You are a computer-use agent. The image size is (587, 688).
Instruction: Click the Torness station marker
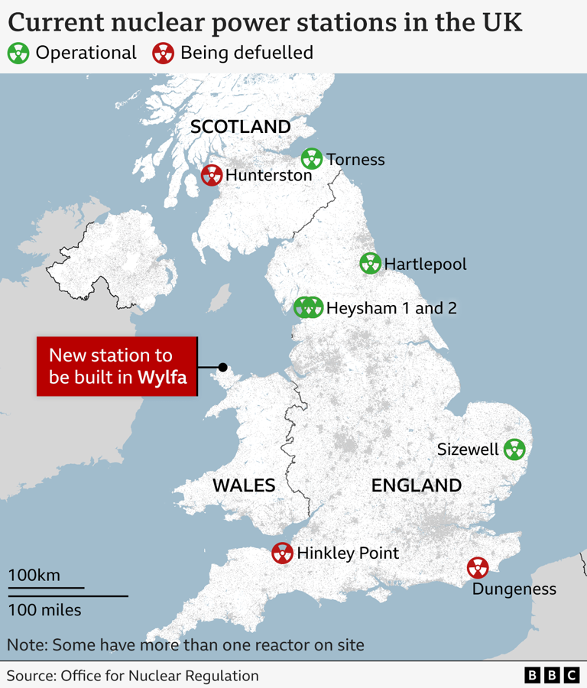point(312,159)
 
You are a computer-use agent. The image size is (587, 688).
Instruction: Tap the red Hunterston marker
point(212,175)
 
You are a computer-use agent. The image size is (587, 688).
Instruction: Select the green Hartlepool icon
point(370,264)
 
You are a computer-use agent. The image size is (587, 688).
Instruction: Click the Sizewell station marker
point(514,449)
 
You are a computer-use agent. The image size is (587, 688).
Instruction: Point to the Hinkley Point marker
point(283,553)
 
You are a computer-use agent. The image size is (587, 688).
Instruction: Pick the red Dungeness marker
point(478,568)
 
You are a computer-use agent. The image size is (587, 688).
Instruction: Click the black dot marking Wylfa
point(223,367)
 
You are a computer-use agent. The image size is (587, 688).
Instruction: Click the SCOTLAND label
point(240,127)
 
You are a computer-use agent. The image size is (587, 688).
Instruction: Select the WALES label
point(244,485)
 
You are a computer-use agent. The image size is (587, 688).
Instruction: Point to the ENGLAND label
point(417,485)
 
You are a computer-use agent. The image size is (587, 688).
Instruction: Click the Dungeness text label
point(514,589)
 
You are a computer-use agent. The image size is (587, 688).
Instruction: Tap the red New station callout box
point(117,366)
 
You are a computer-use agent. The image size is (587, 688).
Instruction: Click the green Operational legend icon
point(19,53)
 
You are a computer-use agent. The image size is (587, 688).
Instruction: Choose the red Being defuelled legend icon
point(164,53)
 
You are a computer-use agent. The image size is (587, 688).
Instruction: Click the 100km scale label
point(34,575)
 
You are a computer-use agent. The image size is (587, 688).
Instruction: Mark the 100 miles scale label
point(45,610)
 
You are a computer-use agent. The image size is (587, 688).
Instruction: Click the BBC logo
point(552,675)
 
